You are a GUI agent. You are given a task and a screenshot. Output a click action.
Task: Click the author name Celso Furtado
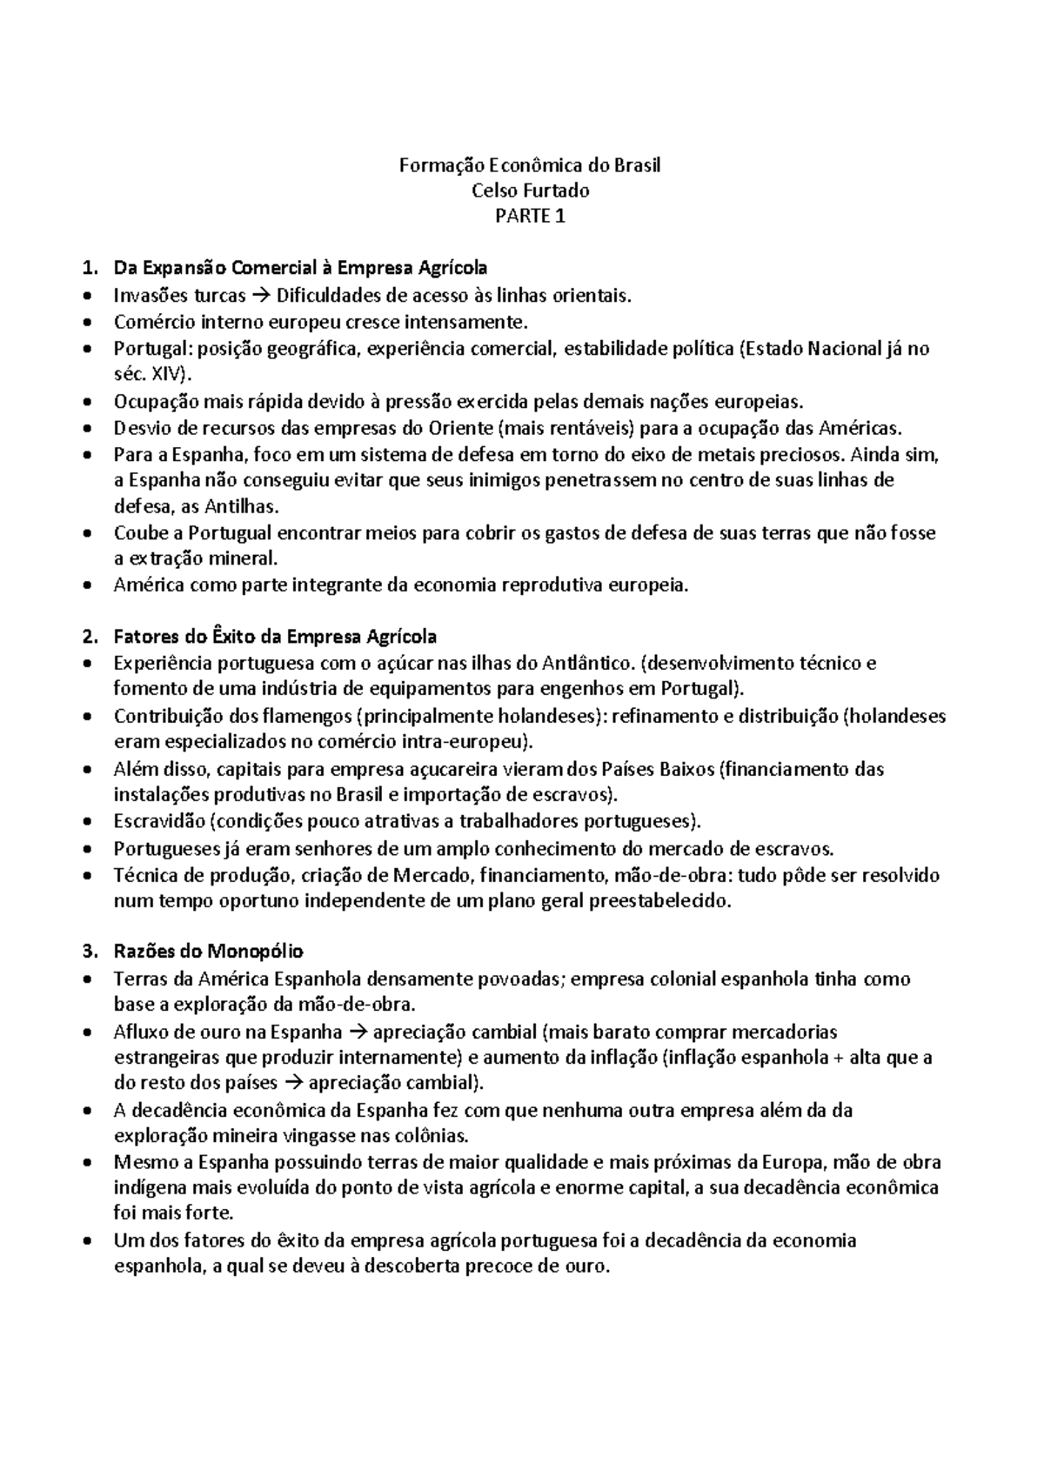click(x=530, y=190)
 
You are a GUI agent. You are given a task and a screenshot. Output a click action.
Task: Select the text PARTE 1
click(x=530, y=217)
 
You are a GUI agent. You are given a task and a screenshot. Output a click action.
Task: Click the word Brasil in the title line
click(x=637, y=164)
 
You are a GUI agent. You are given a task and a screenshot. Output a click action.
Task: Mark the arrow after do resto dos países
click(x=293, y=1084)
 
